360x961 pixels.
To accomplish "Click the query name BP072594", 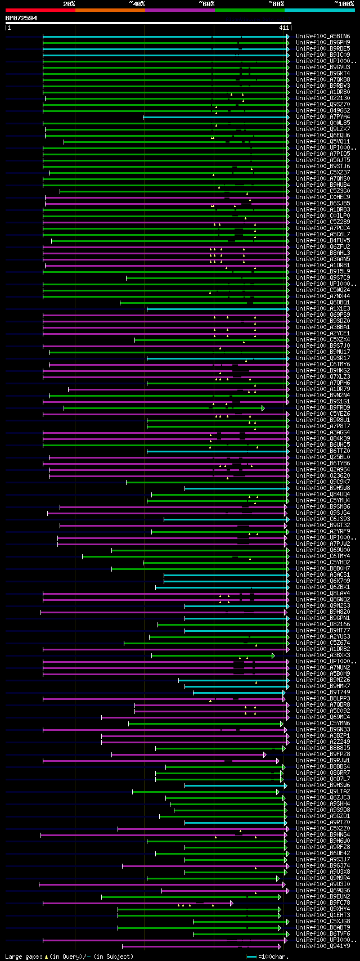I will pyautogui.click(x=21, y=18).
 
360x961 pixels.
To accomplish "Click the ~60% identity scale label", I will pyautogui.click(x=206, y=4).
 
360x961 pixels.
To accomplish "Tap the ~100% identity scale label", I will pyautogui.click(x=344, y=4).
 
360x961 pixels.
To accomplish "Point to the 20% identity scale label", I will pyautogui.click(x=69, y=4).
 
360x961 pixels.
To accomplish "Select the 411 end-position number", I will pyautogui.click(x=283, y=28).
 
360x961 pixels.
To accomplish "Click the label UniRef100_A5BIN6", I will pyautogui.click(x=323, y=36).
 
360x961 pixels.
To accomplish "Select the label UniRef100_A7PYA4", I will pyautogui.click(x=323, y=116).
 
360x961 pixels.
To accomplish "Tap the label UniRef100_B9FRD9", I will pyautogui.click(x=323, y=407).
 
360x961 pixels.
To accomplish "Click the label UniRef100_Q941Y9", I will pyautogui.click(x=323, y=946).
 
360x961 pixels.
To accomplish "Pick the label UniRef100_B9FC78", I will pyautogui.click(x=323, y=902).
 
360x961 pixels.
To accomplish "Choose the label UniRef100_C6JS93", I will pyautogui.click(x=323, y=519).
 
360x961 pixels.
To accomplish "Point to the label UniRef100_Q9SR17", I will pyautogui.click(x=323, y=358).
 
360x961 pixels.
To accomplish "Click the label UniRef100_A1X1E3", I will pyautogui.click(x=323, y=308).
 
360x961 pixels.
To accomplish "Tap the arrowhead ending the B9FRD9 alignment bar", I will pyautogui.click(x=263, y=407).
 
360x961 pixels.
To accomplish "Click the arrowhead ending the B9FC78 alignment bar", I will pyautogui.click(x=231, y=902).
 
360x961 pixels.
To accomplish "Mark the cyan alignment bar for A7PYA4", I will pyautogui.click(x=214, y=116).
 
